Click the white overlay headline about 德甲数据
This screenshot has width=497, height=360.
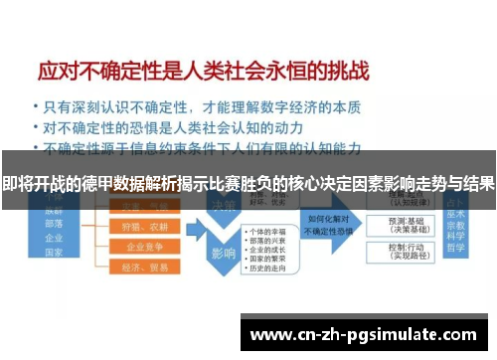point(248,184)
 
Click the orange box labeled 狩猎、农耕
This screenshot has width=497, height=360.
point(137,226)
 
